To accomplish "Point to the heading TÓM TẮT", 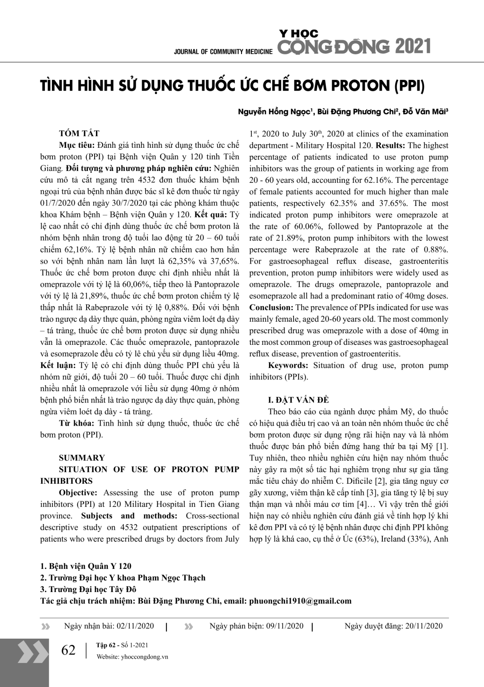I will [79, 134].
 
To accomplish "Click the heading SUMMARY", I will [82, 458].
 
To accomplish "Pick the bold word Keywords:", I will [288, 366].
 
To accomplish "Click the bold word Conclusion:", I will [271, 308].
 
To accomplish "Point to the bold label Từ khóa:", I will [76, 423].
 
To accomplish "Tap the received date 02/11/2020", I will [135, 626].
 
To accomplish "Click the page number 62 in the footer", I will [68, 651].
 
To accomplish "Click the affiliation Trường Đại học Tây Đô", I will [92, 590].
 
